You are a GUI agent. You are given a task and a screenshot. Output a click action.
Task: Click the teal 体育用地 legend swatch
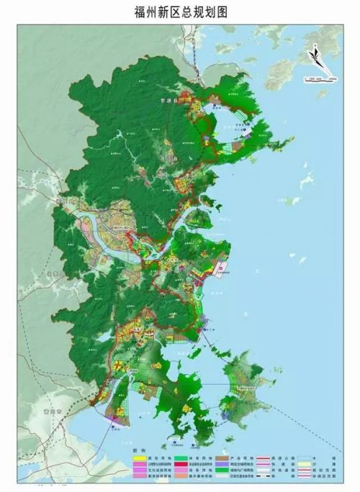click(x=180, y=458)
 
